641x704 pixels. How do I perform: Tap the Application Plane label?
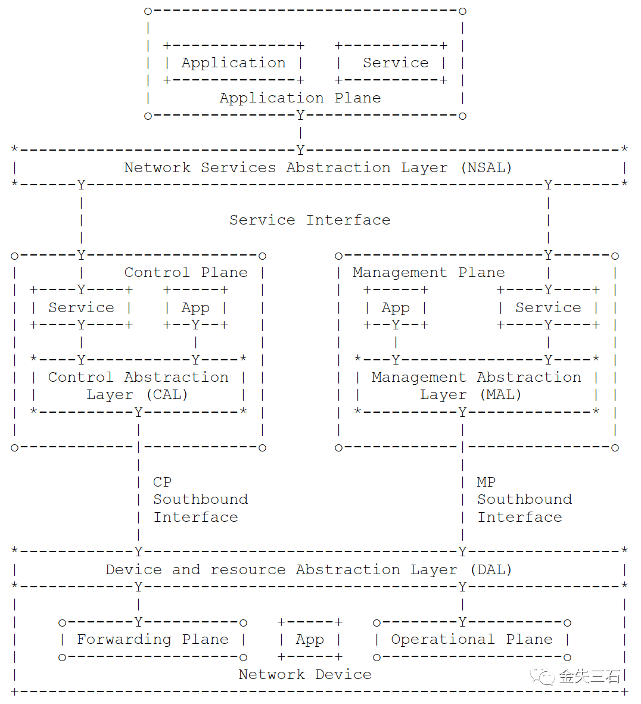(x=300, y=98)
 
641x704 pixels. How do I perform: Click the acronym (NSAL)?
(x=487, y=167)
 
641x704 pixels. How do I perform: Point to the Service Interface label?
(x=310, y=220)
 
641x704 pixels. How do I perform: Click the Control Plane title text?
(x=186, y=273)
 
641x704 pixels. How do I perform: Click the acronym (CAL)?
(x=167, y=395)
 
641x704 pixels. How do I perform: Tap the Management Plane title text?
(x=428, y=273)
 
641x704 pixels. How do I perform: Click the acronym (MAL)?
(x=500, y=395)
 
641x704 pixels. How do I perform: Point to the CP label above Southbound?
(x=162, y=482)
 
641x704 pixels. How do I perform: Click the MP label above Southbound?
(x=486, y=482)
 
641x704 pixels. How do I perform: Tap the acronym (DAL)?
(x=491, y=570)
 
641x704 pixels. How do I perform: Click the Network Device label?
(x=305, y=674)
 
